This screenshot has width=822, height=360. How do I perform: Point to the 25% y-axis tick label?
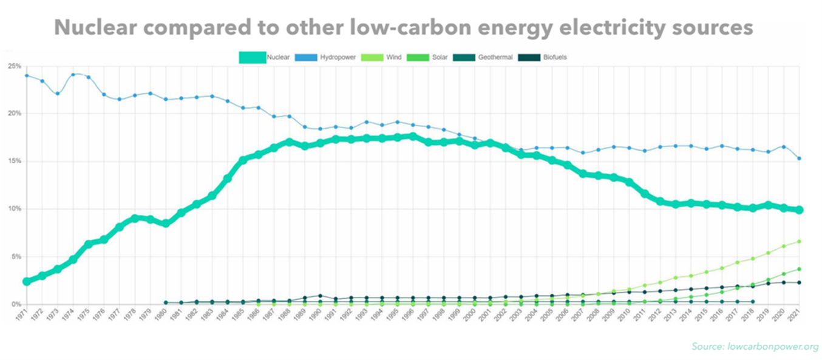pyautogui.click(x=15, y=66)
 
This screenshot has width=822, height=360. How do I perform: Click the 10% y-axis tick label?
pyautogui.click(x=15, y=209)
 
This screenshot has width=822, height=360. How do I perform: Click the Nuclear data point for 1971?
pyautogui.click(x=27, y=282)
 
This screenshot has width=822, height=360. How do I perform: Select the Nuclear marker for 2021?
pyautogui.click(x=800, y=209)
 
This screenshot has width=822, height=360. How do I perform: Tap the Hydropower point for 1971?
pyautogui.click(x=27, y=75)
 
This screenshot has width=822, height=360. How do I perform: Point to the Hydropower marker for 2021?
pyautogui.click(x=800, y=158)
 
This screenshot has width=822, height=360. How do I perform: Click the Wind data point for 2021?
pyautogui.click(x=800, y=241)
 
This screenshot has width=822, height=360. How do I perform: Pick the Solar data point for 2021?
pyautogui.click(x=800, y=269)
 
